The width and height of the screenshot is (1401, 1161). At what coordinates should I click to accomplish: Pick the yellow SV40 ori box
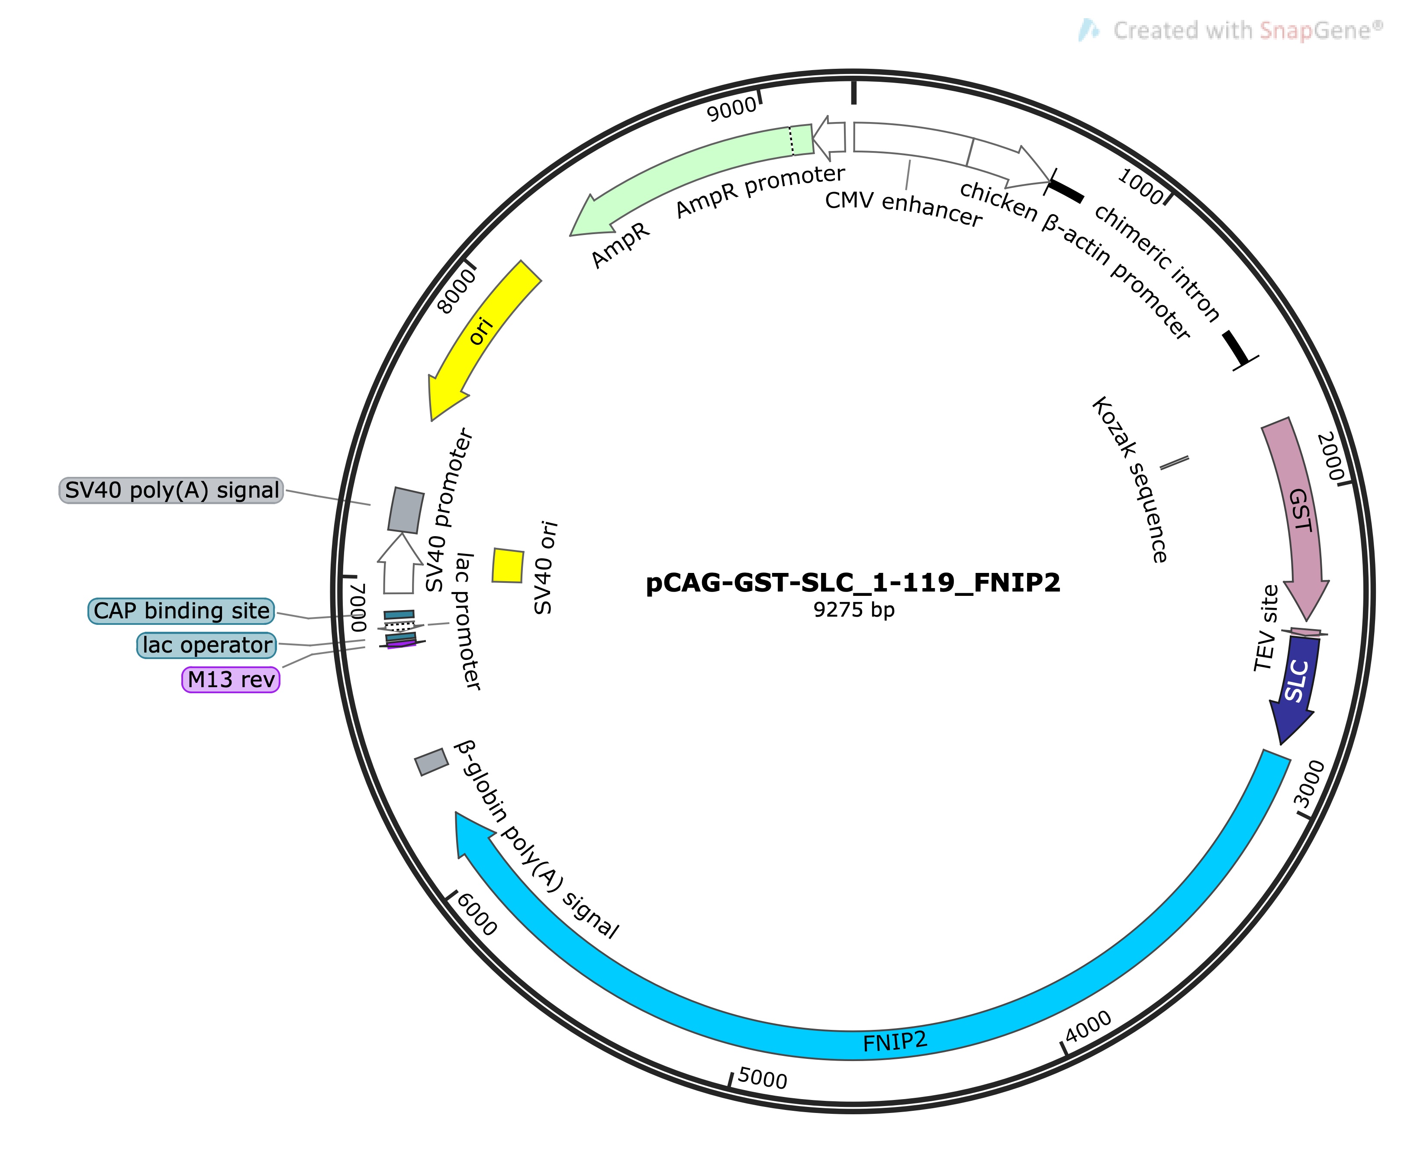coord(508,566)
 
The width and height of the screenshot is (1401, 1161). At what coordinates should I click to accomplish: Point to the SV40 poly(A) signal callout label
coord(171,490)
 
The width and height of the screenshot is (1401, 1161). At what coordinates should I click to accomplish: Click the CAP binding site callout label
coord(181,611)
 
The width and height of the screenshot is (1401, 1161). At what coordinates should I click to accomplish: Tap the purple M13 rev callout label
coord(231,679)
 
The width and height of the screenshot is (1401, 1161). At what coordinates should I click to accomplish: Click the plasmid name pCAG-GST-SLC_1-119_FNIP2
coord(853,583)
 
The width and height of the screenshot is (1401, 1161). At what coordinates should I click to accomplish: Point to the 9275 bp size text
coord(854,610)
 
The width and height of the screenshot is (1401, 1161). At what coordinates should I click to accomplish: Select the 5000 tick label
coord(763,1079)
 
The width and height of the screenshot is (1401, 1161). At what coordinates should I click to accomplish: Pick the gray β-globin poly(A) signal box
coord(432,762)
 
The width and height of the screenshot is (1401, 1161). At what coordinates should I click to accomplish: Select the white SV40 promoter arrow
coord(399,563)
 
